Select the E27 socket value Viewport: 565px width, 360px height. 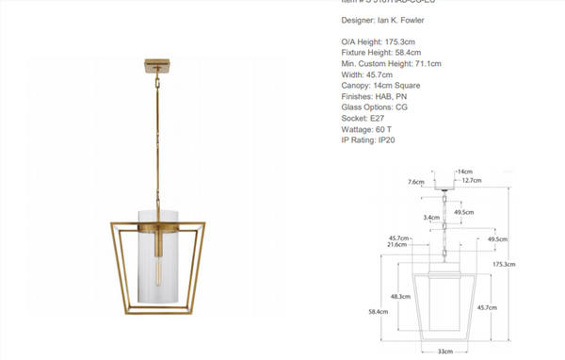coord(379,119)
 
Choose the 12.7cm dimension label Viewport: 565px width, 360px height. coord(472,180)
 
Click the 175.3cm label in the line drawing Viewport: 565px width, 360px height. coord(505,264)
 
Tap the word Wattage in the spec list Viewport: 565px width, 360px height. coord(358,129)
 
